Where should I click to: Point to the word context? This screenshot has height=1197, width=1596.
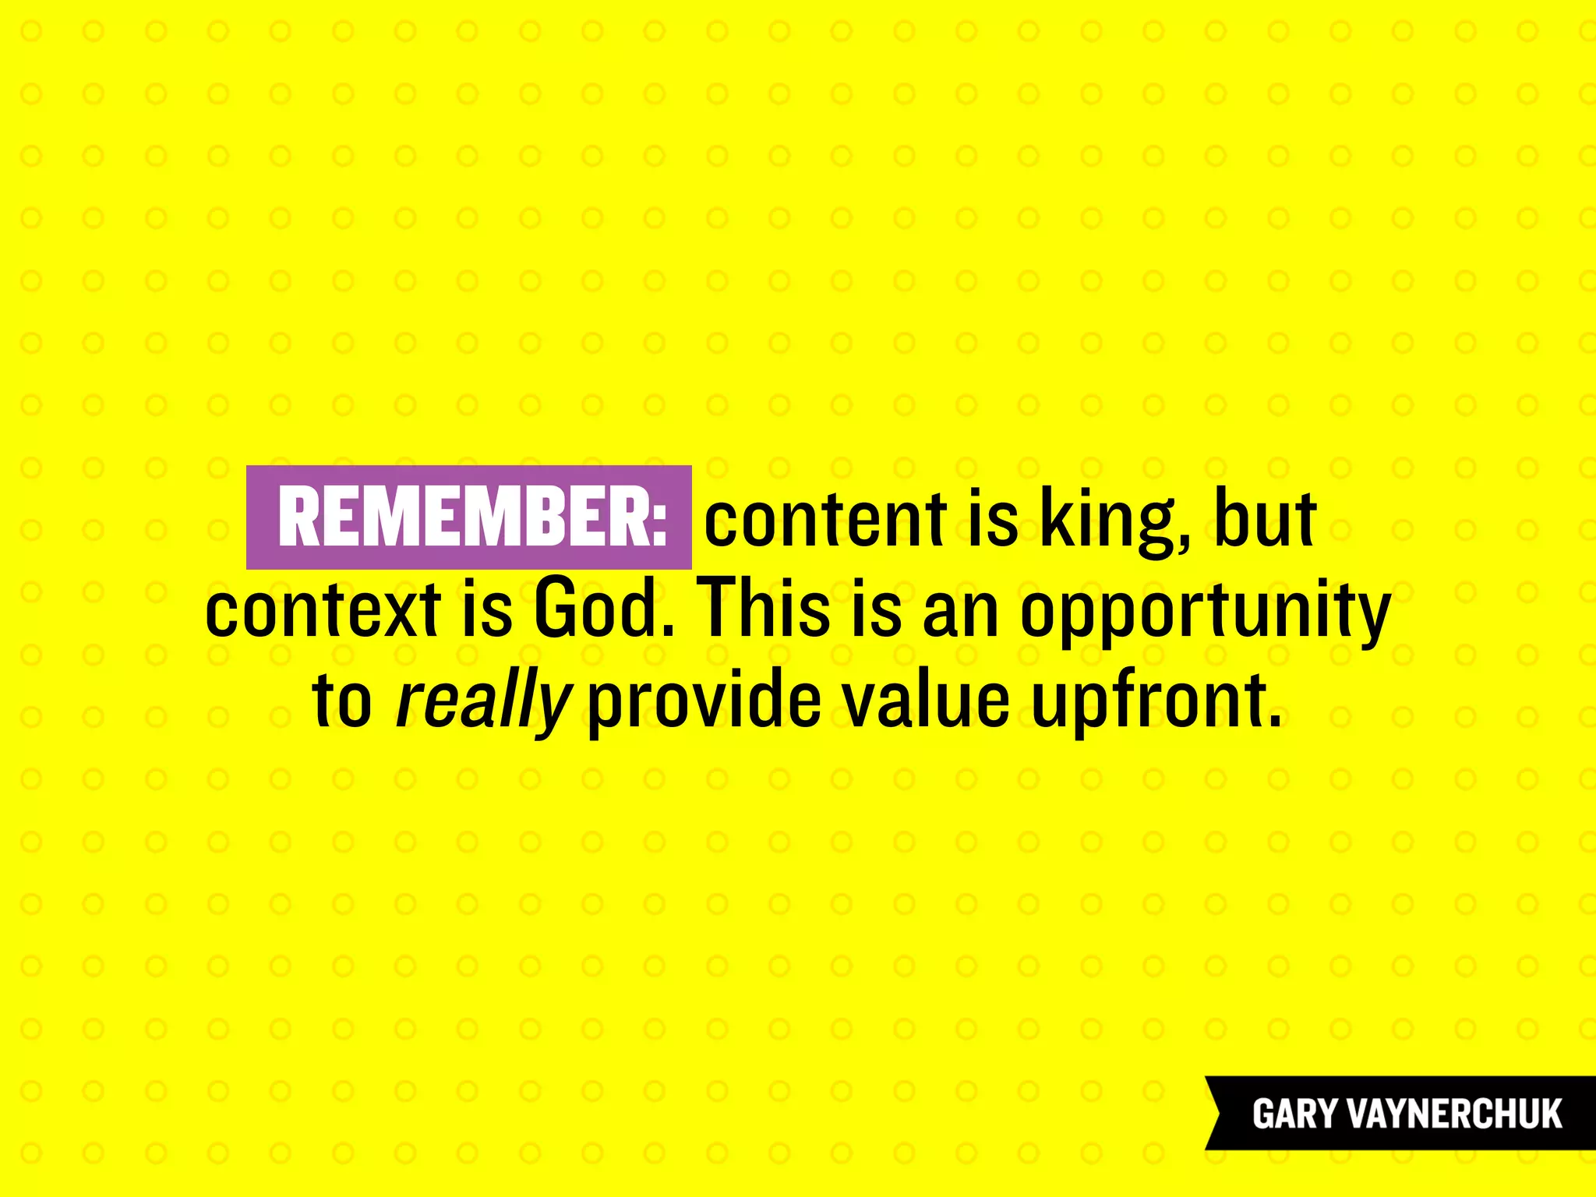coord(323,609)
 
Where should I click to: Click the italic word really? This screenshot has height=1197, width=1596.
coord(483,701)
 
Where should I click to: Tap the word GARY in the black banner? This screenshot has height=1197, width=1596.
coord(1294,1114)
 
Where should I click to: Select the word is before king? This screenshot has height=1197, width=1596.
coord(992,518)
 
